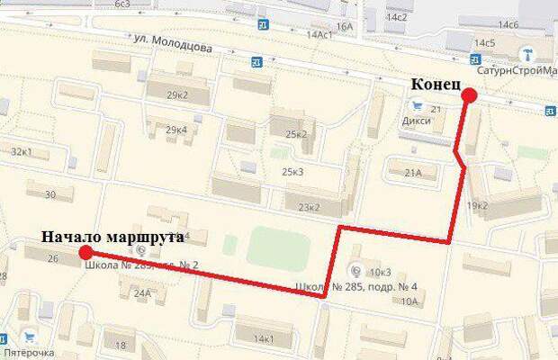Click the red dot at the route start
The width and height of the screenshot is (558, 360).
click(x=85, y=251)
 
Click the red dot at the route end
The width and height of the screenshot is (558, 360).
click(x=468, y=96)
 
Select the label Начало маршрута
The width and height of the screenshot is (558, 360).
click(x=112, y=238)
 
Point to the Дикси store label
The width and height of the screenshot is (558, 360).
click(x=416, y=118)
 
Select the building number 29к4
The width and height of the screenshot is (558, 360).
click(x=175, y=130)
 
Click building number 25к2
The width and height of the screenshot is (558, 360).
click(x=295, y=134)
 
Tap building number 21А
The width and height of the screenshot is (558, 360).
click(x=413, y=173)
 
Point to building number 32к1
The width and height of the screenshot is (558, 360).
click(x=22, y=151)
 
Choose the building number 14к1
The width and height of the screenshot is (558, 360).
click(x=264, y=338)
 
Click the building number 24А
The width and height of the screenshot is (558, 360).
click(x=141, y=292)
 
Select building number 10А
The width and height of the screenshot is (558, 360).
click(x=409, y=301)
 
